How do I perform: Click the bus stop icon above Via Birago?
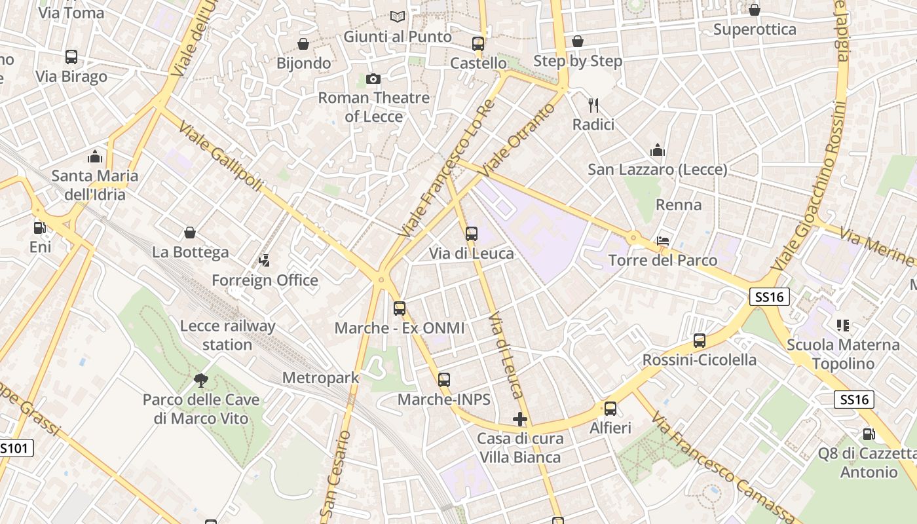tap(71, 57)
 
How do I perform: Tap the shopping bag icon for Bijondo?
tap(303, 44)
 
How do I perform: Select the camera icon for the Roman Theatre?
tap(373, 79)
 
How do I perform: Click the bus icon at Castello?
tap(478, 44)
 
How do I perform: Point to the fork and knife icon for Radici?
tap(593, 105)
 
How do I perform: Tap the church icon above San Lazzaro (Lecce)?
tap(658, 151)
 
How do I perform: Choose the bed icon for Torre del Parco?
tap(663, 241)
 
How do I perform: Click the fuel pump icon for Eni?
tap(40, 228)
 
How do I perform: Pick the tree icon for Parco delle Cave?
tap(201, 380)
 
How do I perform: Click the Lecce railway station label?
tap(227, 335)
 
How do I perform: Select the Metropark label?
tap(321, 378)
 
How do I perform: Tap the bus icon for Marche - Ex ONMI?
tap(400, 308)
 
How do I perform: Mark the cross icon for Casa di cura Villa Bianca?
tap(520, 419)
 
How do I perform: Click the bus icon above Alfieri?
tap(610, 409)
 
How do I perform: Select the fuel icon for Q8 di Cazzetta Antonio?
tap(869, 434)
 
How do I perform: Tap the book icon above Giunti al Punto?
tap(397, 16)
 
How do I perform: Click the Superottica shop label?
tap(755, 29)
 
